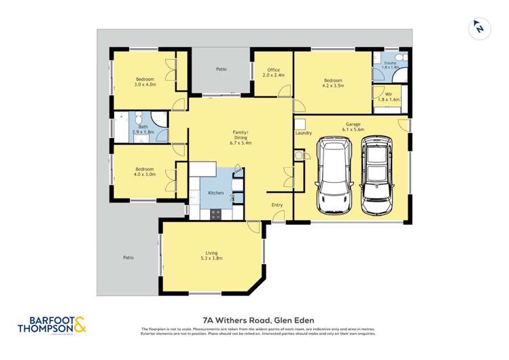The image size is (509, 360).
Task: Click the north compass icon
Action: point(480,29)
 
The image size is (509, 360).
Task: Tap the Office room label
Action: point(273,73)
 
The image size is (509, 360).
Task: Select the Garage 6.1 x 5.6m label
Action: point(353,127)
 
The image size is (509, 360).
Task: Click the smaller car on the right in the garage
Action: point(377,175)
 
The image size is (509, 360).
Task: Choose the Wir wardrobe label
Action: point(389,96)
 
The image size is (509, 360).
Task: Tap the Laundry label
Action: point(304,133)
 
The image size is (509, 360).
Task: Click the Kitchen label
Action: point(216,194)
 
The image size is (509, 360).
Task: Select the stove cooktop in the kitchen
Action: point(216,213)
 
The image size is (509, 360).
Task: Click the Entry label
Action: point(277,204)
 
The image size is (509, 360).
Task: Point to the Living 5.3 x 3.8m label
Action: point(212,255)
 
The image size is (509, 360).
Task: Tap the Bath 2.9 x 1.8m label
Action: point(143,129)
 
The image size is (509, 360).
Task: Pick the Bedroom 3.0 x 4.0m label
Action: point(145,82)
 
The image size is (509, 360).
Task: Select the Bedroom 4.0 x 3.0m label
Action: point(144,172)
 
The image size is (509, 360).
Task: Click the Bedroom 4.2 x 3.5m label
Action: point(333,84)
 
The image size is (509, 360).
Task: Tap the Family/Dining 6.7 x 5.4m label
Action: point(241,137)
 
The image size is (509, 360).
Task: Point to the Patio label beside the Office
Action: point(222,69)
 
